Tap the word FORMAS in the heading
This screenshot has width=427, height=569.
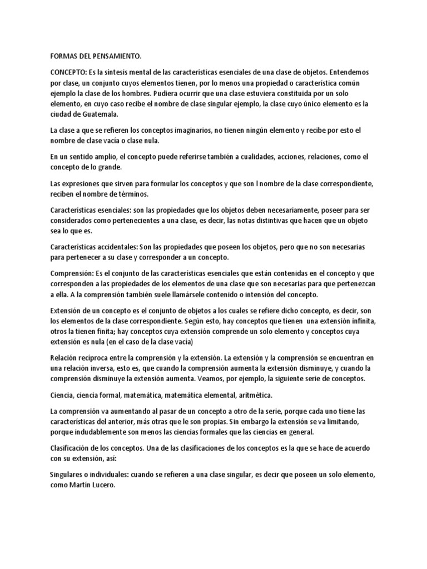tap(62, 57)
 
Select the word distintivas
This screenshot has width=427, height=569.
tap(260, 221)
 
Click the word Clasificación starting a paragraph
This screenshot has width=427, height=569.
tap(71, 448)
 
